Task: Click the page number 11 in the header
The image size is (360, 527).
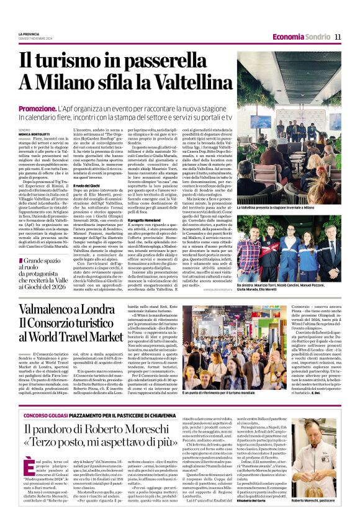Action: (338, 37)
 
